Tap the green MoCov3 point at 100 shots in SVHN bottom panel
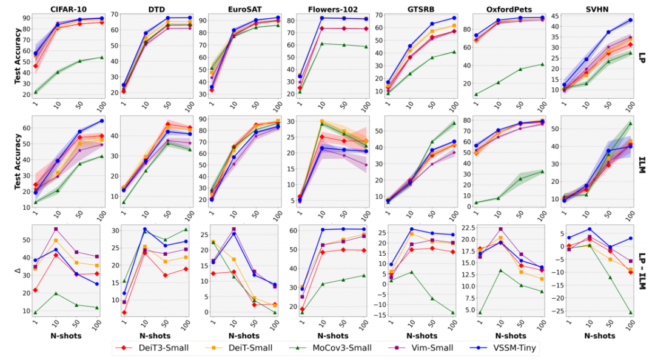click(630, 313)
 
